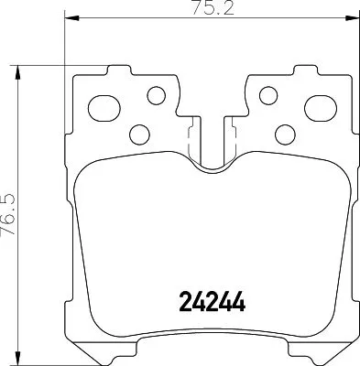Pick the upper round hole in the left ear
(154, 94)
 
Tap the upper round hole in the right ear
(267, 94)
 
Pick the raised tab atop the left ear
(116, 70)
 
